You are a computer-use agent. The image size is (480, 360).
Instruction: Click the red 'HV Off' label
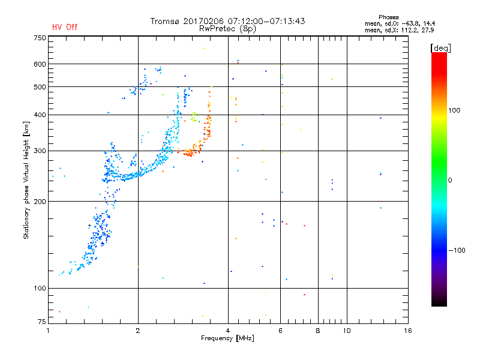pyautogui.click(x=64, y=27)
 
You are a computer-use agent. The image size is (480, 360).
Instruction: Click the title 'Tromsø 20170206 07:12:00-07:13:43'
pyautogui.click(x=228, y=21)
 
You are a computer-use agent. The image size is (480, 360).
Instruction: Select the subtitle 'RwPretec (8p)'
pyautogui.click(x=228, y=28)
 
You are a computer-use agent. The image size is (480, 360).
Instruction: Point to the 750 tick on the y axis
pyautogui.click(x=40, y=38)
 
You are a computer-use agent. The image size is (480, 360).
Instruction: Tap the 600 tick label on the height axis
pyautogui.click(x=40, y=64)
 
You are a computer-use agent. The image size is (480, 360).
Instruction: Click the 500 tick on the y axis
pyautogui.click(x=40, y=87)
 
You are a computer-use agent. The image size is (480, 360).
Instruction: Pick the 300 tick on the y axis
pyautogui.click(x=40, y=151)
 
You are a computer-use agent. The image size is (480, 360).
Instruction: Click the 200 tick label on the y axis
pyautogui.click(x=40, y=202)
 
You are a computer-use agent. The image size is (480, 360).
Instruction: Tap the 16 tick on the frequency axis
pyautogui.click(x=407, y=331)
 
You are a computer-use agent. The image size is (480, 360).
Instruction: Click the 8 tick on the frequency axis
pyautogui.click(x=318, y=331)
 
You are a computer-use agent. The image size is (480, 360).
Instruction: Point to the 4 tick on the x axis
pyautogui.click(x=228, y=331)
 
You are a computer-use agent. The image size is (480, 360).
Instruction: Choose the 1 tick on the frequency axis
pyautogui.click(x=49, y=331)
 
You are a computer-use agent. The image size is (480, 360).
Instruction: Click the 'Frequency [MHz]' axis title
pyautogui.click(x=228, y=339)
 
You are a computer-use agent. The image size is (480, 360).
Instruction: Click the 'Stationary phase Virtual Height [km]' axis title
pyautogui.click(x=26, y=180)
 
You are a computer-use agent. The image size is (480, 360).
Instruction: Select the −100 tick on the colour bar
pyautogui.click(x=458, y=250)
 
